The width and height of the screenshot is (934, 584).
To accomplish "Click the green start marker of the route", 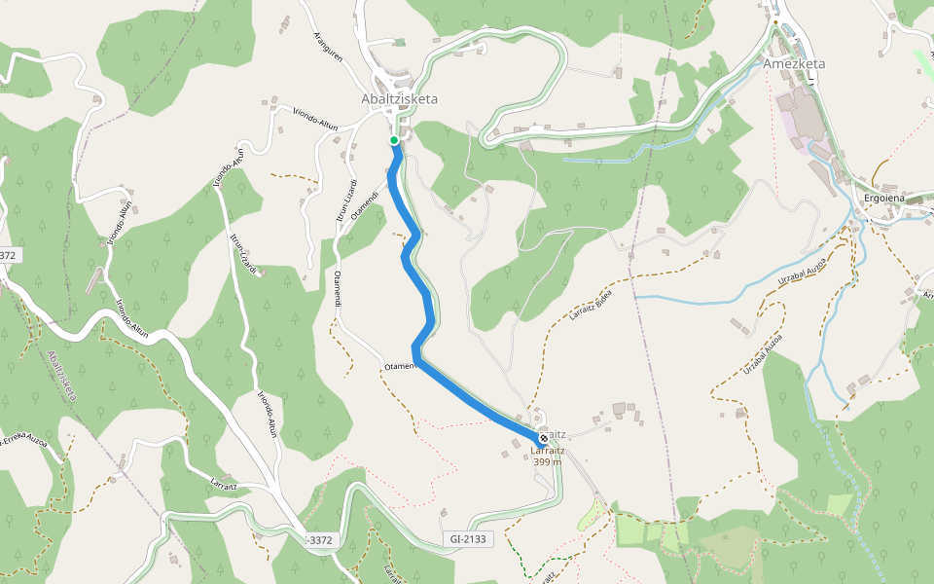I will [x=394, y=141].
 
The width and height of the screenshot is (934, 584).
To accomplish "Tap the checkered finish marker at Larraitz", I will [x=543, y=438].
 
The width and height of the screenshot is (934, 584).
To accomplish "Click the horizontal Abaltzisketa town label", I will [x=399, y=99].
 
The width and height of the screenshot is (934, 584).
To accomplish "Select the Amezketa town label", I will [x=794, y=64].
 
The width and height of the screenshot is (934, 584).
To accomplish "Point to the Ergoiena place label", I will [x=885, y=198].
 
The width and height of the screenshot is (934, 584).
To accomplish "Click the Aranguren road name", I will [x=329, y=45].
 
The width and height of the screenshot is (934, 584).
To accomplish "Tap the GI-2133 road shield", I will [x=468, y=538].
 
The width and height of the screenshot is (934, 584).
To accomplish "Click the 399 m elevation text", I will [x=548, y=461].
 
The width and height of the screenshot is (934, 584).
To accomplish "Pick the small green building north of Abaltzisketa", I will [x=399, y=42].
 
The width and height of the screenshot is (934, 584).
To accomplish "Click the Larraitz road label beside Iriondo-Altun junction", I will [x=224, y=480].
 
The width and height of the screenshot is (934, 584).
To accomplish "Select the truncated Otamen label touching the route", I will [x=400, y=366].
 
